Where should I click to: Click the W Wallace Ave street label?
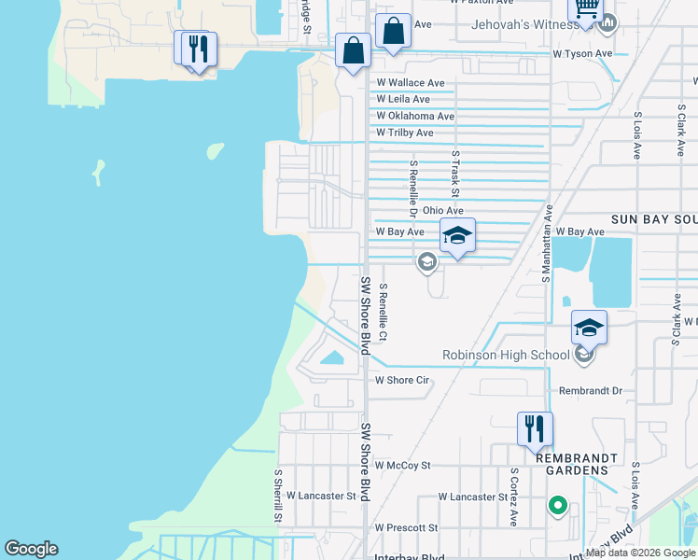coord(411,83)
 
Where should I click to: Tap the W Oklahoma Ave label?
coord(415,117)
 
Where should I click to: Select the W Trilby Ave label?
coord(405,133)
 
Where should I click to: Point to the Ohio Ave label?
coord(442,211)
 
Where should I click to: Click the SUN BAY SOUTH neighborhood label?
coord(653,218)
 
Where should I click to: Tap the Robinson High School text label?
coord(505,355)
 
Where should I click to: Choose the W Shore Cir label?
coord(401,380)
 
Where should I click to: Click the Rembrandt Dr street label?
coord(590,391)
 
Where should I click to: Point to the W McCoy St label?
coord(402,465)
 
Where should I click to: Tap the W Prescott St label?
coord(406,527)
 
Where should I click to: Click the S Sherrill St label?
coord(278,496)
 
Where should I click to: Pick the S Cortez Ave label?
coord(513,498)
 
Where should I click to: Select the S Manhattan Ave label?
coord(549,244)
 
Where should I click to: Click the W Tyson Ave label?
coord(582,54)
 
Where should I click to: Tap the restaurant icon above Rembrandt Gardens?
coord(535,428)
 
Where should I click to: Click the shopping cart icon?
coord(585,8)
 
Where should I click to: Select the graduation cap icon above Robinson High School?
coord(589,327)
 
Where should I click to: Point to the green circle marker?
coord(558,506)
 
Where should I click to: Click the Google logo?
coord(32,549)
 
